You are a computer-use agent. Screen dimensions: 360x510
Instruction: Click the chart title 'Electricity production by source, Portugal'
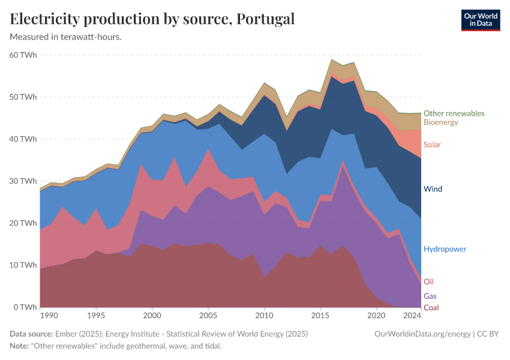152,19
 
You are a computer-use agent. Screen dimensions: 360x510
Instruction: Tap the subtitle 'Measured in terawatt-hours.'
66,37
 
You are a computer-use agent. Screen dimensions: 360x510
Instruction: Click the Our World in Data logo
481,20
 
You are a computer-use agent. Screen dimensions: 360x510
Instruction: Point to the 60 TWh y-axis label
23,55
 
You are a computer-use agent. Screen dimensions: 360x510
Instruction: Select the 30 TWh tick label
23,181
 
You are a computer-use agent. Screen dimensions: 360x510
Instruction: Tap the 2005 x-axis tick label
208,316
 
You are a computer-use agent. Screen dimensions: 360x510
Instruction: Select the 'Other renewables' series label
454,113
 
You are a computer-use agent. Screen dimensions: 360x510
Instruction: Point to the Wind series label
433,189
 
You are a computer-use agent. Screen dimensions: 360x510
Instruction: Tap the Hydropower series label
445,249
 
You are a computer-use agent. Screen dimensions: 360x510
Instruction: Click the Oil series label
428,281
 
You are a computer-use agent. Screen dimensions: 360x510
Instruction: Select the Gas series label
430,296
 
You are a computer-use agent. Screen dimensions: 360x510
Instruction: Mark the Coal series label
431,308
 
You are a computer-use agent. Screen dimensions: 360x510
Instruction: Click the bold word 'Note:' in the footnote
21,346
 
